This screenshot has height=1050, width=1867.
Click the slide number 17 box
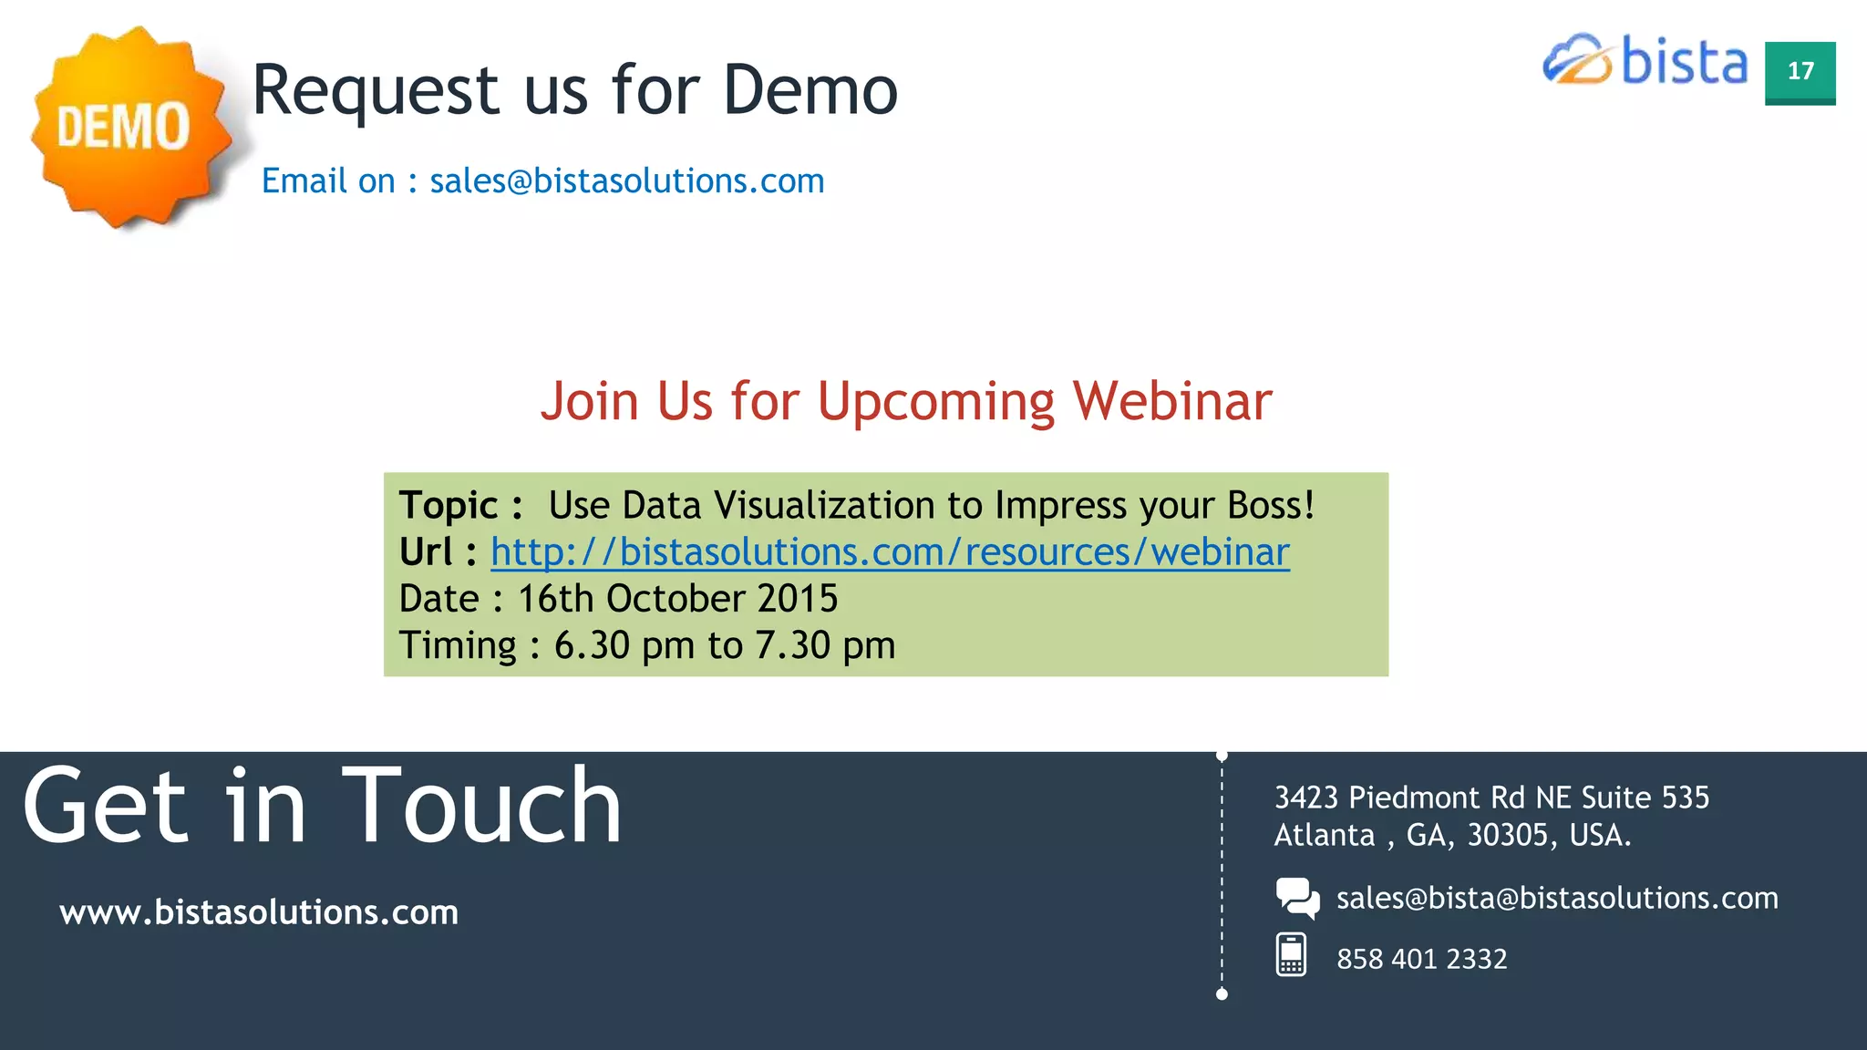(1800, 72)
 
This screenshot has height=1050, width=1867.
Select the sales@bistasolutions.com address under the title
(627, 181)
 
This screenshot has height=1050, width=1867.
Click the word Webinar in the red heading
(1172, 401)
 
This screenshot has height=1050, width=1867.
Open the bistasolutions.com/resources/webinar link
(890, 552)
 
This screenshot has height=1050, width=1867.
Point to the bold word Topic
(449, 506)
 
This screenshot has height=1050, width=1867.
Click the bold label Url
(426, 552)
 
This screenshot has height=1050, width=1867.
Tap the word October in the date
(676, 599)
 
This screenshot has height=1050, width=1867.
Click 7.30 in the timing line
(792, 645)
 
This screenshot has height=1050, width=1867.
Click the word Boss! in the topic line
(1271, 506)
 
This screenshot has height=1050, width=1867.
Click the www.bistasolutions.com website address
(259, 912)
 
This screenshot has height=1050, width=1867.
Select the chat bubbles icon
(1297, 898)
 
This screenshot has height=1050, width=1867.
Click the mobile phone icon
(1291, 955)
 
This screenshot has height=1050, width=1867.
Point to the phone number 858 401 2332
(1421, 959)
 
